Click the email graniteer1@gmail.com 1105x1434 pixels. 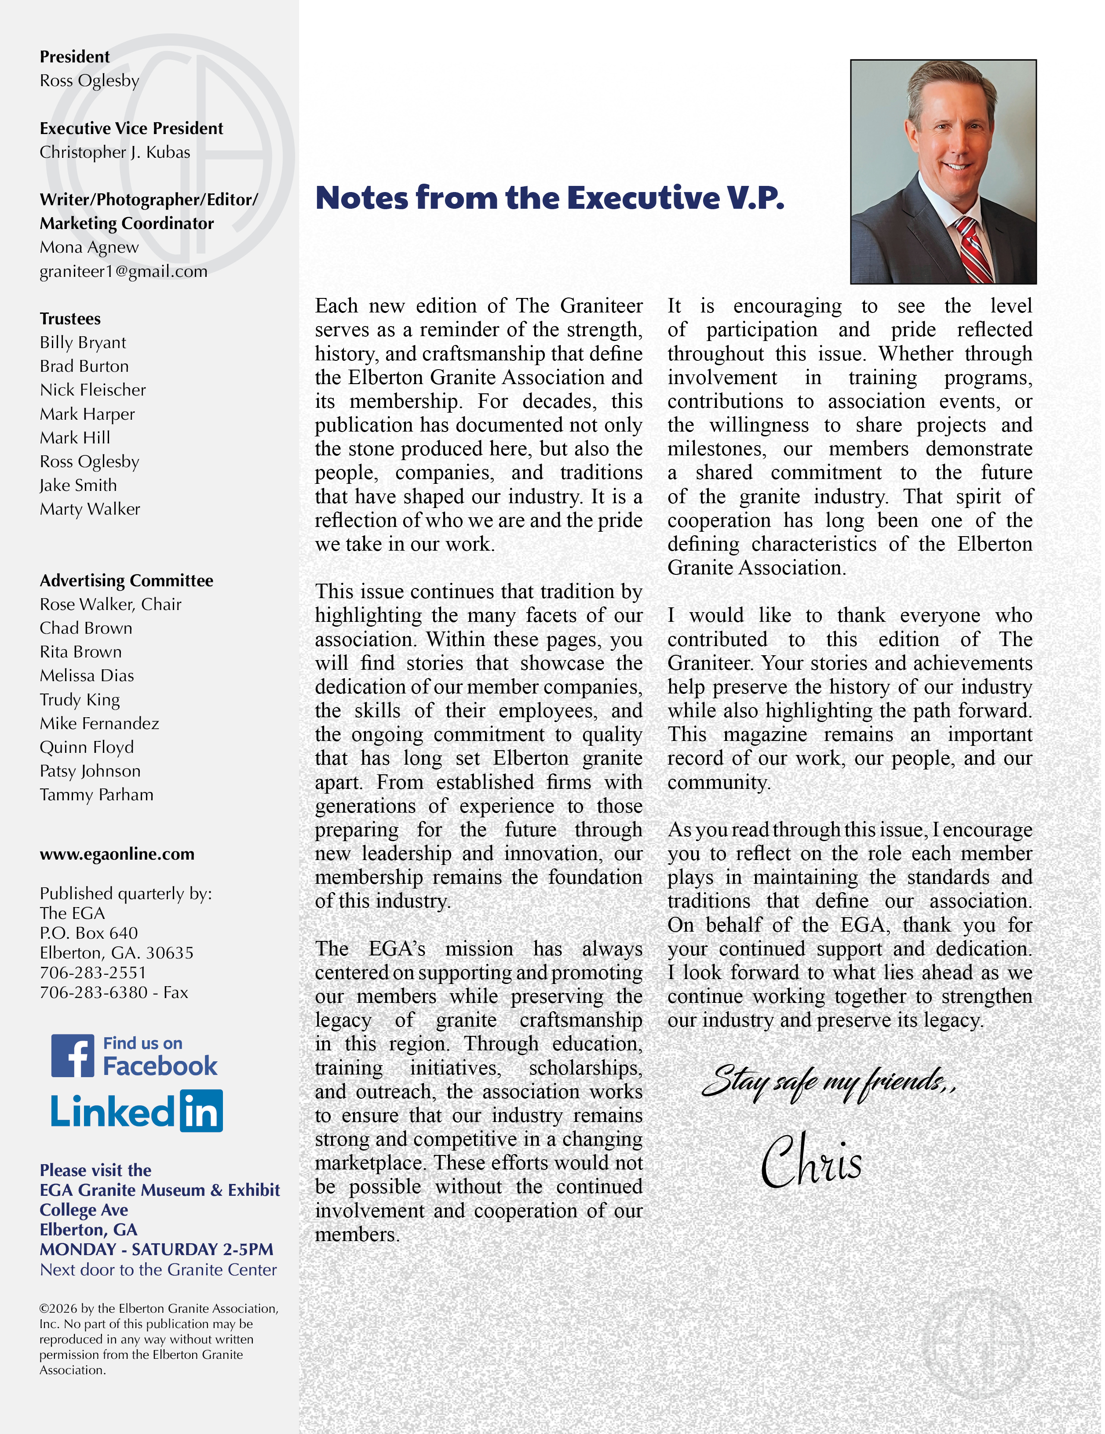point(124,271)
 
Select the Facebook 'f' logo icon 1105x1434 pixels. point(73,1055)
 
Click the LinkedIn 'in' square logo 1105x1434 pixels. point(201,1111)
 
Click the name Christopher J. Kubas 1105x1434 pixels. point(115,152)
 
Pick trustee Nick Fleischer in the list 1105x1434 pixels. point(93,390)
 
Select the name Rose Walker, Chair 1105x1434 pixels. point(110,604)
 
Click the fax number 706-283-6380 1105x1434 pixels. point(93,992)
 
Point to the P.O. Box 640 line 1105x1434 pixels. point(89,933)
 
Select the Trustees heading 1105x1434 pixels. point(70,319)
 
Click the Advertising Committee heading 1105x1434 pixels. point(126,581)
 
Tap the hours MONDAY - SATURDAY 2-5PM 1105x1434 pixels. point(157,1249)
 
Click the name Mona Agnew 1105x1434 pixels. point(89,247)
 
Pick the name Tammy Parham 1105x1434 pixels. point(97,795)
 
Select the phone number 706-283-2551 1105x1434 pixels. point(93,973)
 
